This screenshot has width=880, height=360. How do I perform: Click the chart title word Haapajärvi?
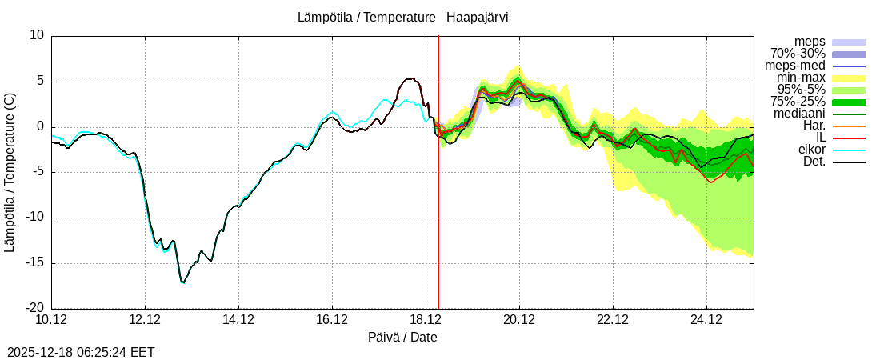[x=478, y=17]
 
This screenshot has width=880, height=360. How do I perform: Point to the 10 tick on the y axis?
[x=38, y=35]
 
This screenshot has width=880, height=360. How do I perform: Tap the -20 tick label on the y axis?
[x=35, y=308]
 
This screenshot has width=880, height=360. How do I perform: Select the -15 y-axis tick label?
[x=35, y=262]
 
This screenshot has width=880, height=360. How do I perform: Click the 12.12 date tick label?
[x=145, y=321]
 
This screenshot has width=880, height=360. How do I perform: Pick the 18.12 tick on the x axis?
[x=426, y=321]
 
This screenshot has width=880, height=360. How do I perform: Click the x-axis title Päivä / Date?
[x=402, y=337]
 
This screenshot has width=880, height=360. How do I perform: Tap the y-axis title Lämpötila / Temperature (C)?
[x=10, y=172]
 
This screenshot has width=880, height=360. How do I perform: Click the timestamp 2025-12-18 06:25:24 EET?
[x=81, y=352]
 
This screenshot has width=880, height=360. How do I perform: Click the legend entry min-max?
[x=801, y=78]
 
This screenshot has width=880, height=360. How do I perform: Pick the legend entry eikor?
[x=811, y=150]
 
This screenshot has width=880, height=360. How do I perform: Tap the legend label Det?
[x=814, y=162]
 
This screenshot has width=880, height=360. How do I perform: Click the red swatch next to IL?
[x=849, y=138]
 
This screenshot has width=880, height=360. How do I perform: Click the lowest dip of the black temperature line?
[x=182, y=282]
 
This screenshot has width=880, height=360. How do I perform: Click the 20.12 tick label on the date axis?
[x=519, y=321]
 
